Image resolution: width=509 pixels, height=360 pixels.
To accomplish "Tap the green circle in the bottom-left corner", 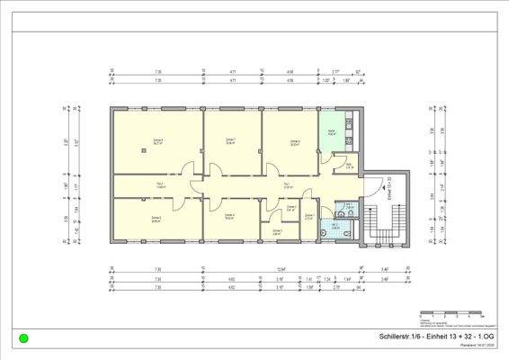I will coord(23,338).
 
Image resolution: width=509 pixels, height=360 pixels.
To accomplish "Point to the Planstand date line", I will coord(476,346).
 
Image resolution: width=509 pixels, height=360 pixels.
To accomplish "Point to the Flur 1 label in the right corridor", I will coord(286,185).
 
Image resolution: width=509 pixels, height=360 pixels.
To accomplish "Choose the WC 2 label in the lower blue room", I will coord(335,224).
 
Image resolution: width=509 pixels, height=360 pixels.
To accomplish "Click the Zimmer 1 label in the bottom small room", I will coord(277,230).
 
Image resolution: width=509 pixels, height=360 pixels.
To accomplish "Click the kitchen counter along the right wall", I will coord(356,133).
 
